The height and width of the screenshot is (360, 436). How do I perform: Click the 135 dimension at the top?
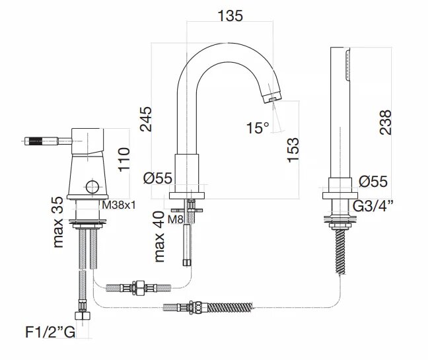coord(231,16)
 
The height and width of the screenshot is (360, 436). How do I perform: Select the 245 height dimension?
coord(146,119)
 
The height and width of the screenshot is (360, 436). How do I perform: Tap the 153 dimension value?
coord(293,150)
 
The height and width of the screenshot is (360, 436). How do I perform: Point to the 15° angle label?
coord(258,128)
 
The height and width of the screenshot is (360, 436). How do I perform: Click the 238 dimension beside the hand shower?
coord(385,123)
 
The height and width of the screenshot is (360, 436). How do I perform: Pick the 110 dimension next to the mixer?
coord(124,160)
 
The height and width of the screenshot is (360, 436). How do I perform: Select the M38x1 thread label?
coord(119,205)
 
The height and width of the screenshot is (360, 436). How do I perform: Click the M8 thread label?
coord(176,219)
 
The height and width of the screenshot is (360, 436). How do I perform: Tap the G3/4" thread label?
coord(373,206)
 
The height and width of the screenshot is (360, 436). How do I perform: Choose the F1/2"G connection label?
coord(50,332)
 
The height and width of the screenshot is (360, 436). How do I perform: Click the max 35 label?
coord(58,222)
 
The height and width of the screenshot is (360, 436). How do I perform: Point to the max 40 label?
coord(159,236)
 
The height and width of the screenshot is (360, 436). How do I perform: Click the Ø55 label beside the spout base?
coord(158,178)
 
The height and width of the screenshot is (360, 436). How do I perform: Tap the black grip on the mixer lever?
coord(36,141)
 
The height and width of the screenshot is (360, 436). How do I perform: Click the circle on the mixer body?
coord(92,187)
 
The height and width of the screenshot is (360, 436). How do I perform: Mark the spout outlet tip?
coord(272,98)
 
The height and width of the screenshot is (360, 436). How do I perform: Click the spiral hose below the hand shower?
coord(340,252)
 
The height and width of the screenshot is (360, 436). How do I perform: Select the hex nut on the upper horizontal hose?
coord(139,288)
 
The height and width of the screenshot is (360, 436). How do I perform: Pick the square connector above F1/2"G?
coord(83,315)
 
